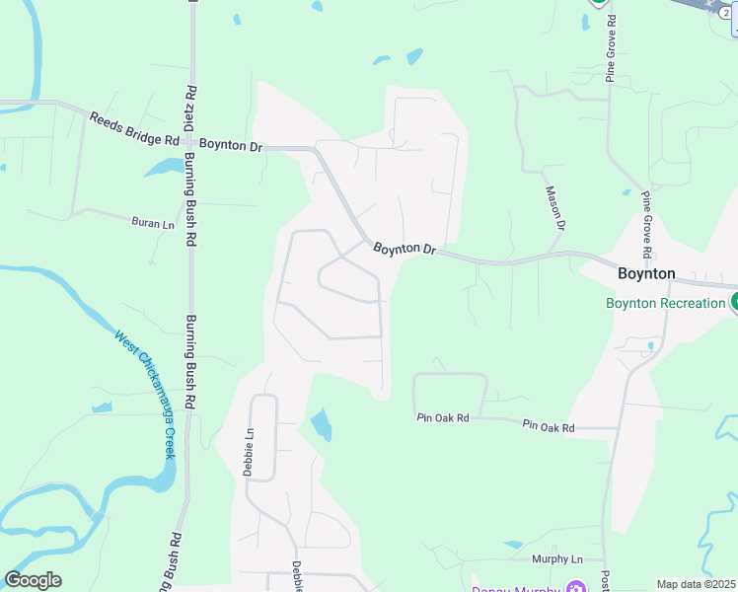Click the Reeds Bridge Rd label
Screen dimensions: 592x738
[x=134, y=128]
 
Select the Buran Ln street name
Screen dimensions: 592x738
[x=152, y=223]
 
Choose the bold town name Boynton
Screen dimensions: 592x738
[x=646, y=274]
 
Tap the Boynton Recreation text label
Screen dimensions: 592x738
[x=665, y=303]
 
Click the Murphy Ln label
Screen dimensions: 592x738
[x=557, y=559]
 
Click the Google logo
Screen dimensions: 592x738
[x=33, y=580]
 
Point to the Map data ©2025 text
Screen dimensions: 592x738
[x=696, y=584]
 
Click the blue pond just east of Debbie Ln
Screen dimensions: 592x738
[x=322, y=425]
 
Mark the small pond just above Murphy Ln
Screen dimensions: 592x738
[x=513, y=545]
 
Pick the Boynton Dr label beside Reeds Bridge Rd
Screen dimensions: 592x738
[x=231, y=145]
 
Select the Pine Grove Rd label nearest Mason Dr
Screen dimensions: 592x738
[x=654, y=216]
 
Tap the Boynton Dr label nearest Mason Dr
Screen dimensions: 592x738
[x=405, y=250]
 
